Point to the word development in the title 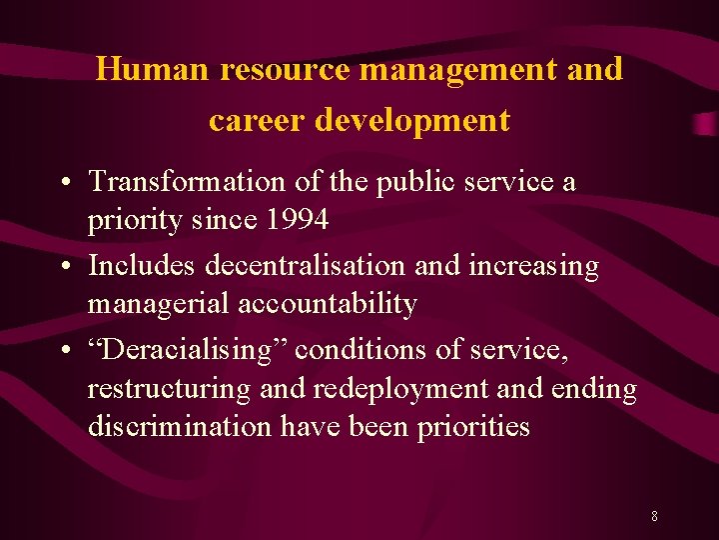(412, 120)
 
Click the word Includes (143, 267)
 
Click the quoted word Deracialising (187, 351)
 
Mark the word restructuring (169, 389)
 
